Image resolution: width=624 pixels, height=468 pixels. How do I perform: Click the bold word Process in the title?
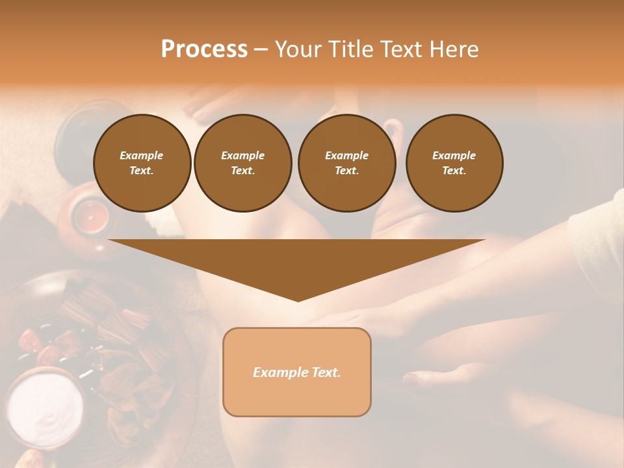pos(204,49)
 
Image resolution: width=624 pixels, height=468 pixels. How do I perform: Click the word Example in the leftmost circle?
pos(142,155)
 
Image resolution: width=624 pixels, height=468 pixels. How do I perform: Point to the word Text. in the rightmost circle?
pos(454,170)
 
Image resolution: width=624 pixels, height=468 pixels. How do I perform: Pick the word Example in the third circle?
pos(346,155)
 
